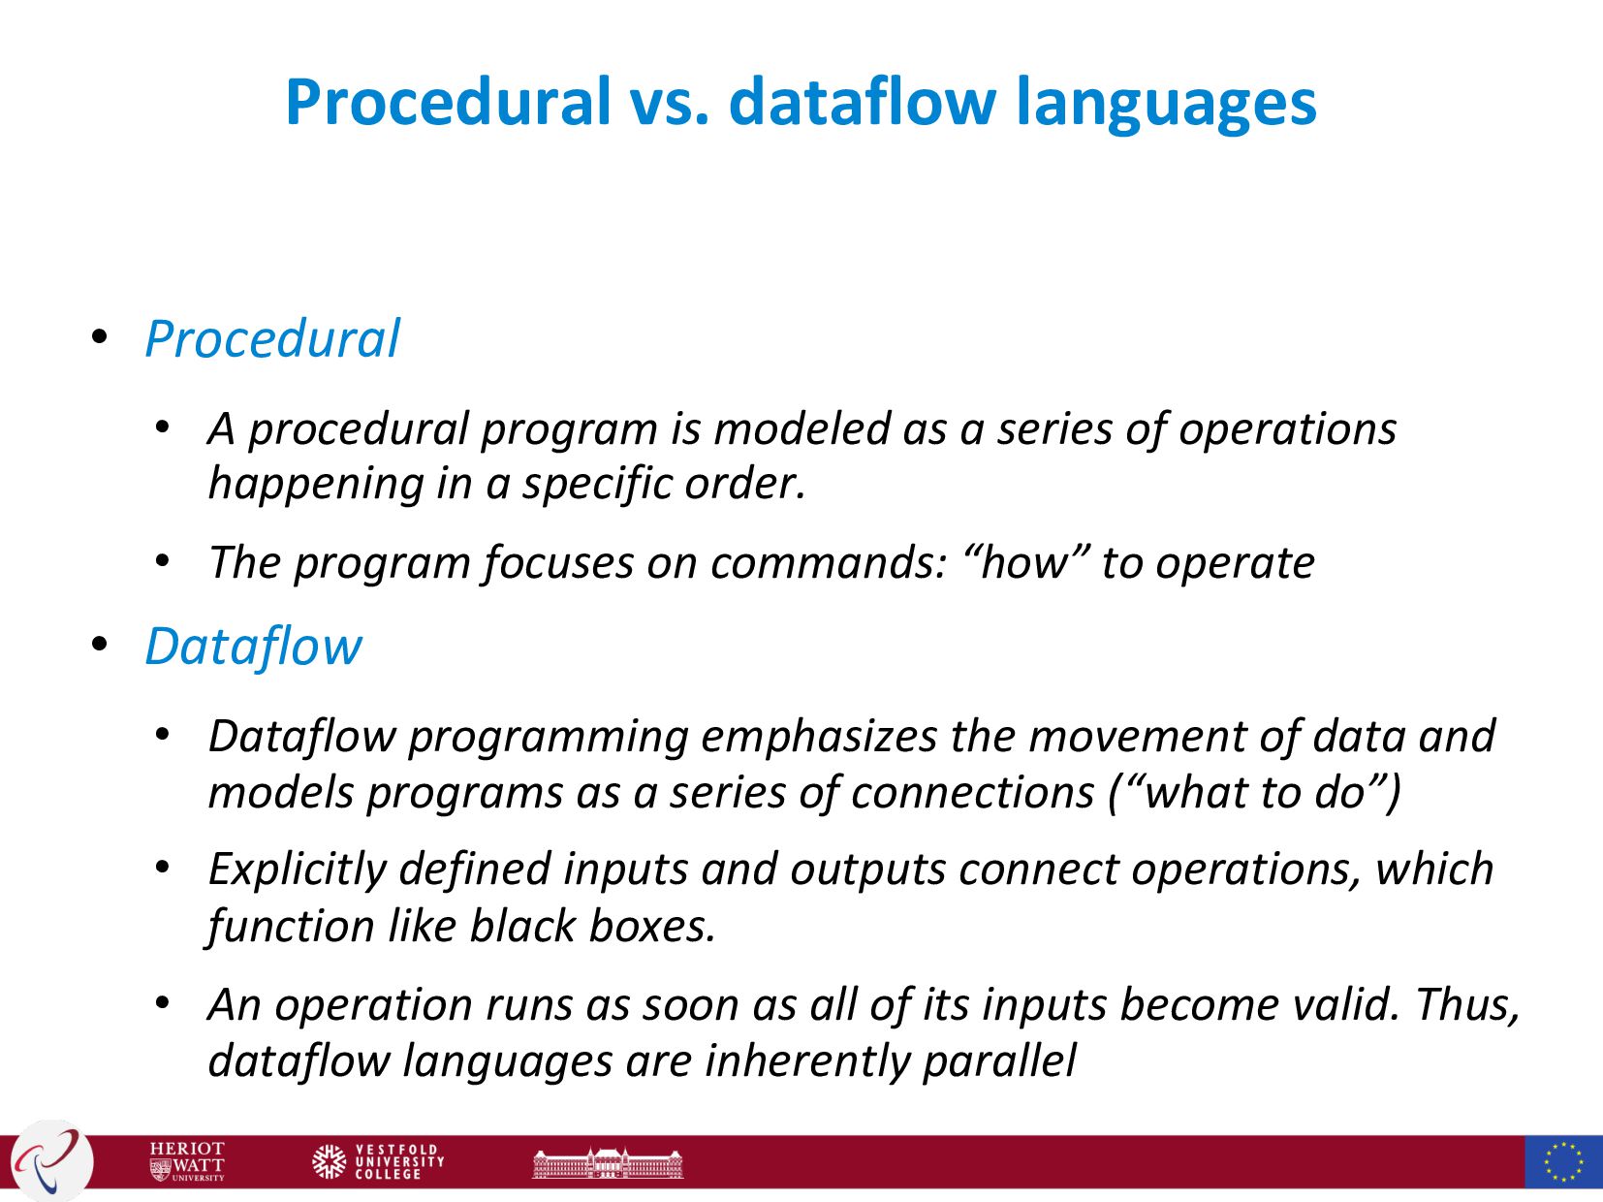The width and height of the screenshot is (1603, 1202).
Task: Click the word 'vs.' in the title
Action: tap(670, 102)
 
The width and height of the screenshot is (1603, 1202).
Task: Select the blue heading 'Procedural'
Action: tap(272, 338)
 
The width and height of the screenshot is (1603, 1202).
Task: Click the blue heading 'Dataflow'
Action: tap(253, 646)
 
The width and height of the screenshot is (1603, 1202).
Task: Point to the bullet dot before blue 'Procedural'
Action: tap(99, 336)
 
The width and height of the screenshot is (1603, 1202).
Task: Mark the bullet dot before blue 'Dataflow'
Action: tap(99, 644)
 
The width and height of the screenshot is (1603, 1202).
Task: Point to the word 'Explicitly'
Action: tap(298, 869)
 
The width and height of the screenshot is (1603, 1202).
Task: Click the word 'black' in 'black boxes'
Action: tap(522, 926)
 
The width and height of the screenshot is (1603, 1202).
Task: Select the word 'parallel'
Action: tap(1000, 1060)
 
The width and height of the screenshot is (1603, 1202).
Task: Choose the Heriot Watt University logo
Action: tap(187, 1161)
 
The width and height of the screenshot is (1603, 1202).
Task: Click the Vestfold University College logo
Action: tap(378, 1161)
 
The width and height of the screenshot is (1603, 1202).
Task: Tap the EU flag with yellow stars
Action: tap(1563, 1161)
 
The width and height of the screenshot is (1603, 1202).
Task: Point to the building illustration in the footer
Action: tap(608, 1163)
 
